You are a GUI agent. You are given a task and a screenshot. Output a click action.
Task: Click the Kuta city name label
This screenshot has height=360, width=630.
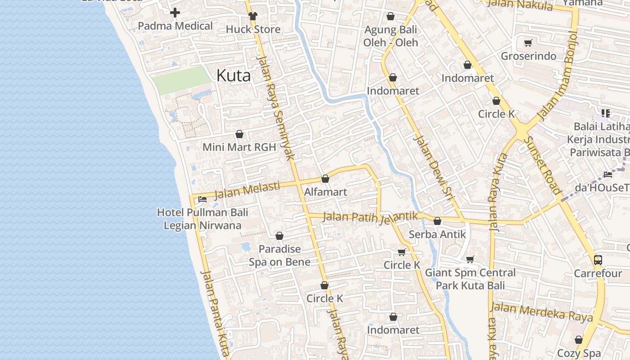(x=234, y=75)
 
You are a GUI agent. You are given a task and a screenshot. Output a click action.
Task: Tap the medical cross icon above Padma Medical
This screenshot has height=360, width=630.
(x=175, y=13)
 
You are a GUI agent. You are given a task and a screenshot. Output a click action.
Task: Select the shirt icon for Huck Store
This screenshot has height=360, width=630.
(x=253, y=16)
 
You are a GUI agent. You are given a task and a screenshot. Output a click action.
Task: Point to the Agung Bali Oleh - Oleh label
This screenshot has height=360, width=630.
(x=391, y=36)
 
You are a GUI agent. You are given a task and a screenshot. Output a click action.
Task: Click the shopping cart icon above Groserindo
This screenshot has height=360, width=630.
(x=528, y=43)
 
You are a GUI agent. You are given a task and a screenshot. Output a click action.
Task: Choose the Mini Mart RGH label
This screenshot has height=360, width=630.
(x=239, y=147)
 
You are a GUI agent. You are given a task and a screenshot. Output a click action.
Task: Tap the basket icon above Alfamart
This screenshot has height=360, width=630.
(x=325, y=179)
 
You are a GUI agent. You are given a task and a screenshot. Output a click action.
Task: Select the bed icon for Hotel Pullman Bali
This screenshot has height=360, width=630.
(x=202, y=199)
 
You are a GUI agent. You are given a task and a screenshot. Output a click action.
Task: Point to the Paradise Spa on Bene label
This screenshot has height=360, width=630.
(x=279, y=256)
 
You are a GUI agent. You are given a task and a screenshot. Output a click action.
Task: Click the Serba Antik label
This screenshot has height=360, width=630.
(x=437, y=234)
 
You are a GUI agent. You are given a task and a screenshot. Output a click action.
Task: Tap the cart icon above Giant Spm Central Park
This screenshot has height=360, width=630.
(x=470, y=259)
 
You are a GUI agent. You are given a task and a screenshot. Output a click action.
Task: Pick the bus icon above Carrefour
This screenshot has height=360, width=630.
(x=598, y=260)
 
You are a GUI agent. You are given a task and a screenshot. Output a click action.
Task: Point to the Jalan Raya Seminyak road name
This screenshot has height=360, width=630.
(x=275, y=108)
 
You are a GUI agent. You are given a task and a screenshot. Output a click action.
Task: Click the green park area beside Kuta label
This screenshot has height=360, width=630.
(x=181, y=80)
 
